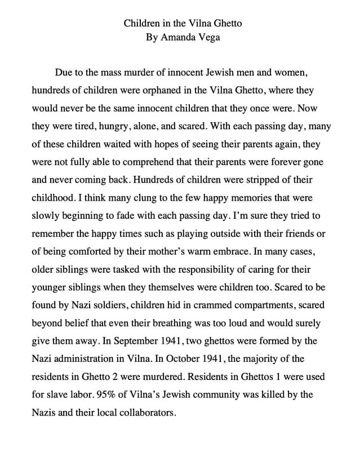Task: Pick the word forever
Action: tap(284, 162)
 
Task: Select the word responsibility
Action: tap(207, 269)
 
